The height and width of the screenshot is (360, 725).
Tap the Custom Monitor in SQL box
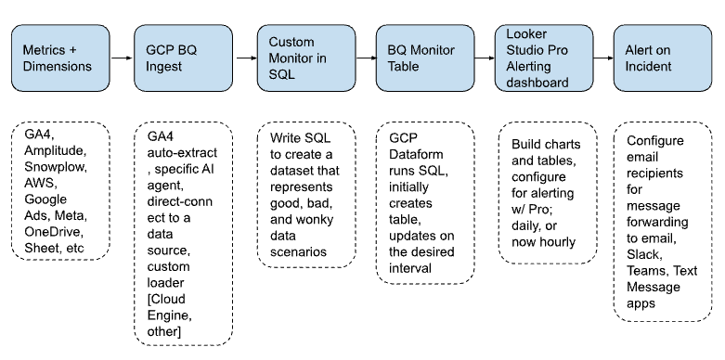(305, 58)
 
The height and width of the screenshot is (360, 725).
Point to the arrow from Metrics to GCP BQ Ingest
(122, 58)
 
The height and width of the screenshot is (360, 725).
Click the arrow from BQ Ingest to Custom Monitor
(244, 58)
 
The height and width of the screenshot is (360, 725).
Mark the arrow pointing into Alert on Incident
(603, 58)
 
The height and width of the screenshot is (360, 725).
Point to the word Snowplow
(52, 167)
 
